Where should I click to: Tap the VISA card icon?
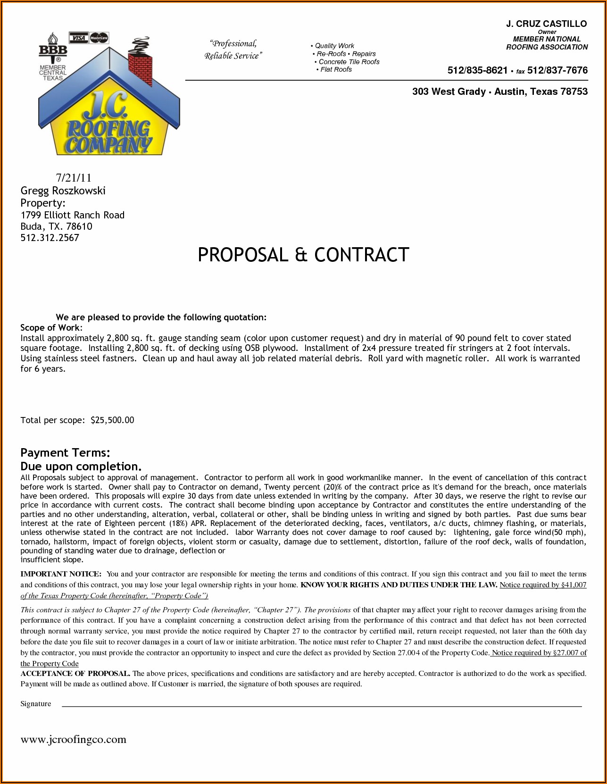click(x=78, y=37)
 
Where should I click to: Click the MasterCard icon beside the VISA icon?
click(x=99, y=37)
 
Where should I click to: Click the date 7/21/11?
click(x=73, y=178)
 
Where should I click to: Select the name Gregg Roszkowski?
click(x=63, y=191)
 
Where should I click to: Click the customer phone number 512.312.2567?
click(x=50, y=238)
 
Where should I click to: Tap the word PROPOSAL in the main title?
click(x=242, y=255)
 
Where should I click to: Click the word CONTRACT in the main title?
click(x=361, y=255)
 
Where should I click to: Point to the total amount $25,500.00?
click(x=112, y=420)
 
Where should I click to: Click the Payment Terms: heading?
click(x=65, y=453)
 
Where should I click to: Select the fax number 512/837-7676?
click(x=557, y=71)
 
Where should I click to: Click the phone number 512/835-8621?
click(x=477, y=71)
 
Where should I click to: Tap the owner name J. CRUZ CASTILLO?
click(x=546, y=24)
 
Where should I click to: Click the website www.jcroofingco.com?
click(x=73, y=739)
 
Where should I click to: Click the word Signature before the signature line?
click(x=36, y=704)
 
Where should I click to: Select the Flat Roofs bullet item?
click(x=336, y=70)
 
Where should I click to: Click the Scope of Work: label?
click(x=51, y=328)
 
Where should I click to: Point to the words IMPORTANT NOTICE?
click(x=61, y=574)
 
